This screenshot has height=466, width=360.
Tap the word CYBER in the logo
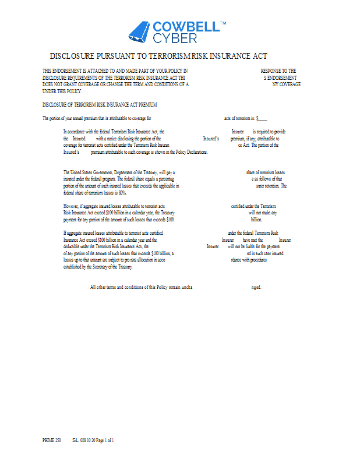175,38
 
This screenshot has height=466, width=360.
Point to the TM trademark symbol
223,23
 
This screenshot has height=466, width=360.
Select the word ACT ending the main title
259,57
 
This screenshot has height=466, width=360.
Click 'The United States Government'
88,172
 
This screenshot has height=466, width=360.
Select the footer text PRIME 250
51,440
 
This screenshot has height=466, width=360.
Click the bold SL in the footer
76,440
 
